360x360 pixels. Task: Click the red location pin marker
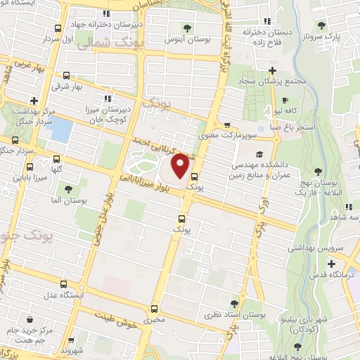[181, 166]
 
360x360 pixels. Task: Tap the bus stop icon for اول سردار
[57, 30]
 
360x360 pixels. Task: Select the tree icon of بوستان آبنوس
[187, 27]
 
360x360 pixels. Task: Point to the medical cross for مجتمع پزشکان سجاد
[271, 70]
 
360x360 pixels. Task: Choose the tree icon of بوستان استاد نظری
[224, 298]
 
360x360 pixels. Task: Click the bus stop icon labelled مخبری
[154, 308]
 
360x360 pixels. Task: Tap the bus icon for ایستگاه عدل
[64, 284]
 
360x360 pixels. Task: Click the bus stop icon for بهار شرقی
[66, 75]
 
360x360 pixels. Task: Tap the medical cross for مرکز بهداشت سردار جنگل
[34, 100]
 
